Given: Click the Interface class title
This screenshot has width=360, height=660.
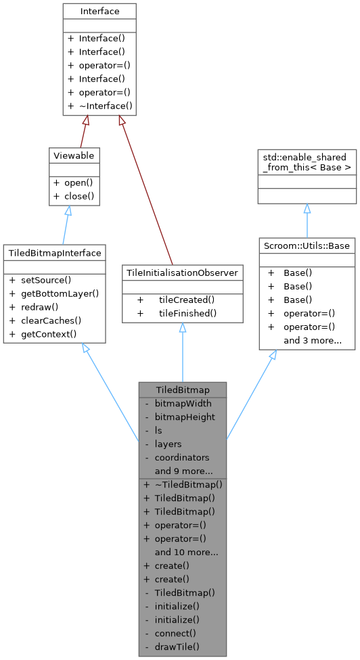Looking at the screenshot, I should tap(99, 11).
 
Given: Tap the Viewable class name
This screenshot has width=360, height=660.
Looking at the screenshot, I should tap(73, 156).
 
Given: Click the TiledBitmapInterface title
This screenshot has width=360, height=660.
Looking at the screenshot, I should tap(54, 253).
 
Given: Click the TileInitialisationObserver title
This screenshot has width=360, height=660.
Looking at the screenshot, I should tap(183, 271).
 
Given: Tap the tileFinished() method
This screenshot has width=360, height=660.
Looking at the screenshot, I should tap(187, 312).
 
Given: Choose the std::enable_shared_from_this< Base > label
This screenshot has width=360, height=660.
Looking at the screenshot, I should tap(307, 161).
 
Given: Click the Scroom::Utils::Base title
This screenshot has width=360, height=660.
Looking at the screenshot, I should tap(307, 244).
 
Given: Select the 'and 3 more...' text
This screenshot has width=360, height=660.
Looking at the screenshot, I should tap(312, 340).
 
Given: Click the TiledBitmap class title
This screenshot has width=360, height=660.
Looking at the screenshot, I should tap(182, 390).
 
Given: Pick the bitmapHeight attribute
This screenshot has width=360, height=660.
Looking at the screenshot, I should tap(185, 417).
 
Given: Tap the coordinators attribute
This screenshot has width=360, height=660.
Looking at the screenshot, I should tap(182, 457).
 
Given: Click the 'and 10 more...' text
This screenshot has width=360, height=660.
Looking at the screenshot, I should tap(186, 552).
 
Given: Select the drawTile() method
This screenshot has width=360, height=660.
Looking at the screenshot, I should tap(177, 646).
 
